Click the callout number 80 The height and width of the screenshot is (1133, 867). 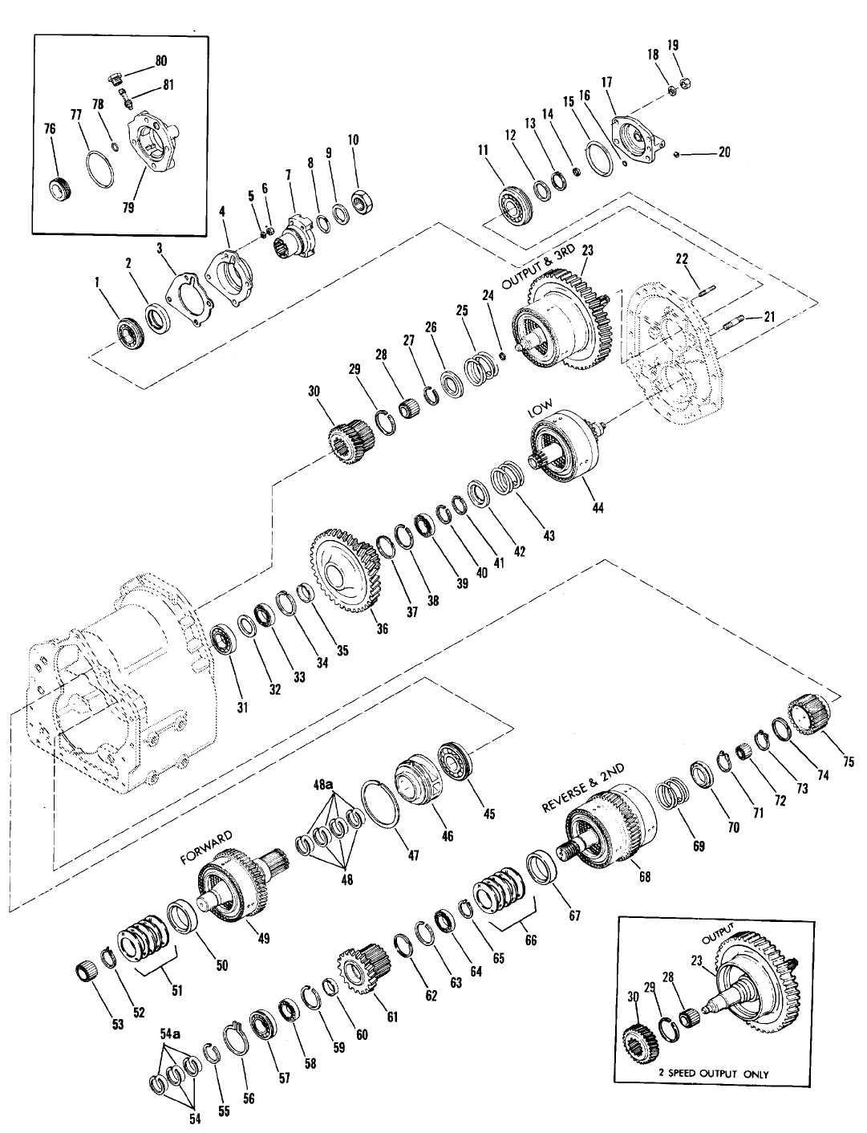click(x=161, y=61)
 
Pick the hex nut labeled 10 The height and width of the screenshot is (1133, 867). click(x=360, y=201)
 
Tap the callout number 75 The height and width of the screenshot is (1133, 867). click(x=849, y=761)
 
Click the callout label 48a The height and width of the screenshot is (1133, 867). click(x=322, y=784)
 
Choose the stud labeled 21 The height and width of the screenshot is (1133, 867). click(x=734, y=323)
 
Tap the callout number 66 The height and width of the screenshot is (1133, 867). click(x=530, y=939)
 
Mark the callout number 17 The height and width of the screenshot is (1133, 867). click(x=606, y=82)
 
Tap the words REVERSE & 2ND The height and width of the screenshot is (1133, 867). click(x=582, y=788)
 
